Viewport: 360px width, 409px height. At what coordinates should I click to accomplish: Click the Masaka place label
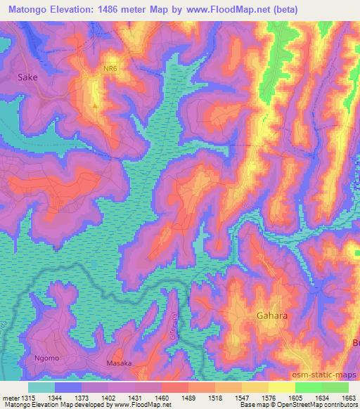click(x=119, y=363)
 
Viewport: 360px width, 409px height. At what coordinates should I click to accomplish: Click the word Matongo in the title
click(x=30, y=10)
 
